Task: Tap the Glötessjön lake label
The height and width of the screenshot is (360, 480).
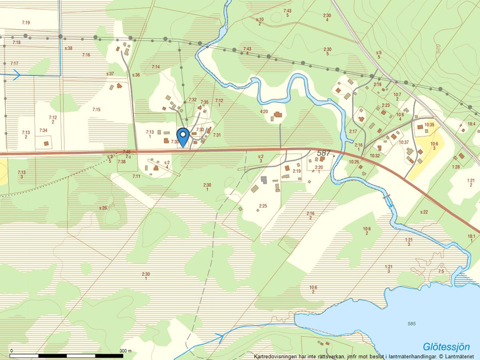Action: (x=446, y=347)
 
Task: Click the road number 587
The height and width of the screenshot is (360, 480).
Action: (x=323, y=153)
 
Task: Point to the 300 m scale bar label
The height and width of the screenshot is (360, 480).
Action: (x=126, y=351)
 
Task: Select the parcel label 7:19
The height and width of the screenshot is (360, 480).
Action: (x=26, y=23)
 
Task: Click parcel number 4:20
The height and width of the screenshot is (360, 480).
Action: (x=264, y=111)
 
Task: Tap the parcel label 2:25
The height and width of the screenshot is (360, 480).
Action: (x=263, y=205)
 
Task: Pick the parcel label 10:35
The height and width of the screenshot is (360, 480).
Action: (x=429, y=124)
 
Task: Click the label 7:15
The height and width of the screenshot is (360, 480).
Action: (x=96, y=109)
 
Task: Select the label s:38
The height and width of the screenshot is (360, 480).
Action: (x=69, y=48)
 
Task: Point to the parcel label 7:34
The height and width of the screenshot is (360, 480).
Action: (x=43, y=130)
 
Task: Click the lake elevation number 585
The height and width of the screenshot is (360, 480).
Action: (x=412, y=323)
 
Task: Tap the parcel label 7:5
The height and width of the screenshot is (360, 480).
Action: (x=441, y=272)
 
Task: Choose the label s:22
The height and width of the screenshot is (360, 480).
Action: (x=424, y=212)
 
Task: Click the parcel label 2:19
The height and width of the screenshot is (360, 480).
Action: (x=296, y=171)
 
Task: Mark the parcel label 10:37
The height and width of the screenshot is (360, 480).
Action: (x=404, y=142)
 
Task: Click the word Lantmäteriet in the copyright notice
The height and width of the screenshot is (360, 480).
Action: (x=461, y=356)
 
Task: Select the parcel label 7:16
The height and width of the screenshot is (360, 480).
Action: (x=86, y=55)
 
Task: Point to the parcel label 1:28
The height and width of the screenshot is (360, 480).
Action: (x=456, y=167)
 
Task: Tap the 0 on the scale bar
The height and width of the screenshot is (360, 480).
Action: (x=12, y=351)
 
